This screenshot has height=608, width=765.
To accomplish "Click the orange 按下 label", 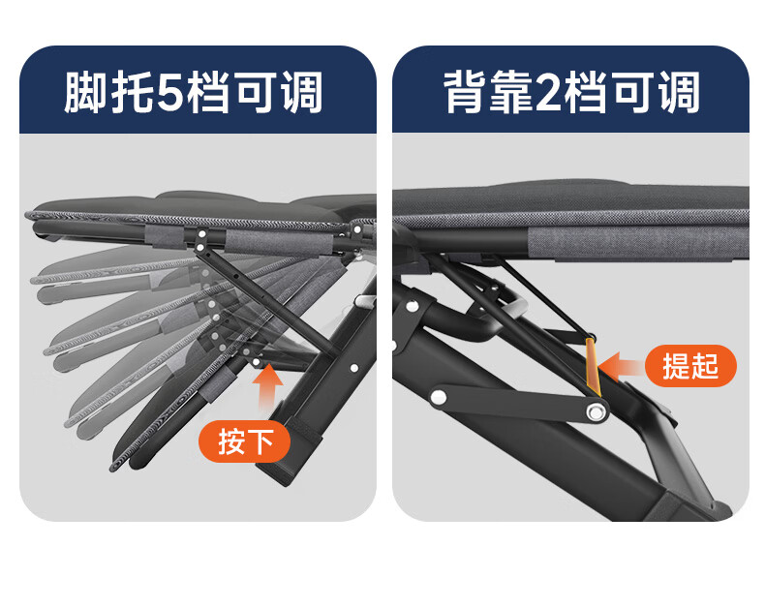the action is click(244, 441).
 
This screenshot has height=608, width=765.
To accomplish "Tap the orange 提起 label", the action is click(690, 366).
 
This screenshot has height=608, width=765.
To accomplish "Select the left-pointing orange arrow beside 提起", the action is click(620, 367).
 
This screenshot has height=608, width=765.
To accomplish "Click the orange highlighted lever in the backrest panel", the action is click(593, 366).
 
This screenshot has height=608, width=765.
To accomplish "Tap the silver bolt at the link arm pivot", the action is click(596, 412).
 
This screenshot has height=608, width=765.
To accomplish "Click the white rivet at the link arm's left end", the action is click(438, 396).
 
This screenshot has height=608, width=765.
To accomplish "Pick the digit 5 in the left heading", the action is click(170, 91).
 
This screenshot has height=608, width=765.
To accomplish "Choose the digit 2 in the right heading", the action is click(549, 91).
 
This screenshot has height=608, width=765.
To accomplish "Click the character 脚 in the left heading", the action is click(85, 91).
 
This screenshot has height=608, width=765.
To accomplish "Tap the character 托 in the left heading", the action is click(132, 91).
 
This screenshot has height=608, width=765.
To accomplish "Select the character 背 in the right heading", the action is click(464, 91).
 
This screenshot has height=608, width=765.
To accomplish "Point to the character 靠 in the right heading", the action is click(511, 91).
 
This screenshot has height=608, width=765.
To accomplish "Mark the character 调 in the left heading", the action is click(301, 91).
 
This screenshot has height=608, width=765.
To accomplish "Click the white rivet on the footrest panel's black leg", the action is click(354, 368).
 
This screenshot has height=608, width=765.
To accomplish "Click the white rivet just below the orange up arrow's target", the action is click(256, 362).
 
